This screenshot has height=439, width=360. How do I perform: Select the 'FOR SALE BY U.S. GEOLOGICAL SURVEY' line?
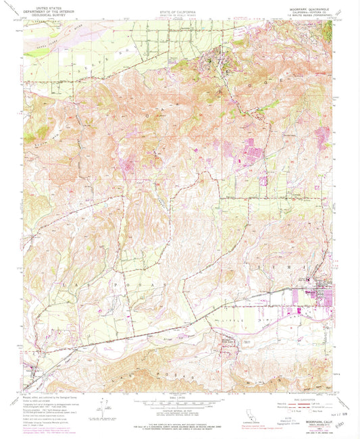pos(180,425)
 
